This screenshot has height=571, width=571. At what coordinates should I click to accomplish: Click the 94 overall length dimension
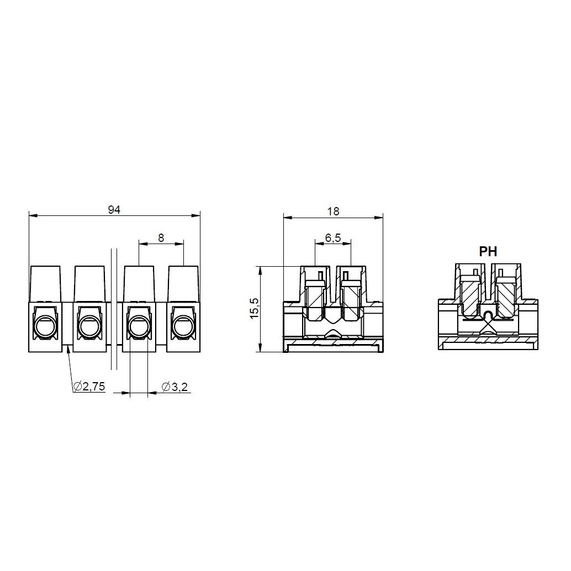pyautogui.click(x=114, y=210)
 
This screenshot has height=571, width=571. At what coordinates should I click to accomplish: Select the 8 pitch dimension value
pyautogui.click(x=161, y=238)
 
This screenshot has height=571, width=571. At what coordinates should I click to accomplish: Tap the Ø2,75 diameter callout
pyautogui.click(x=89, y=387)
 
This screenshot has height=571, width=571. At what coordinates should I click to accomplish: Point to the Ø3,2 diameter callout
pyautogui.click(x=175, y=387)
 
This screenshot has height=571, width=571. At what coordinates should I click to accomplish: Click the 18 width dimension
pyautogui.click(x=333, y=211)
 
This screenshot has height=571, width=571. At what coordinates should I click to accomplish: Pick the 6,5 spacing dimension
pyautogui.click(x=333, y=238)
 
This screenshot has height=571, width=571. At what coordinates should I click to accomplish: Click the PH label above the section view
pyautogui.click(x=488, y=251)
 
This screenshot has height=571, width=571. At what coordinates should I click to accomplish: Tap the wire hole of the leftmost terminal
pyautogui.click(x=45, y=326)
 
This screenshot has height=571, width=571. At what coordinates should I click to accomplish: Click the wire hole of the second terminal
pyautogui.click(x=89, y=326)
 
